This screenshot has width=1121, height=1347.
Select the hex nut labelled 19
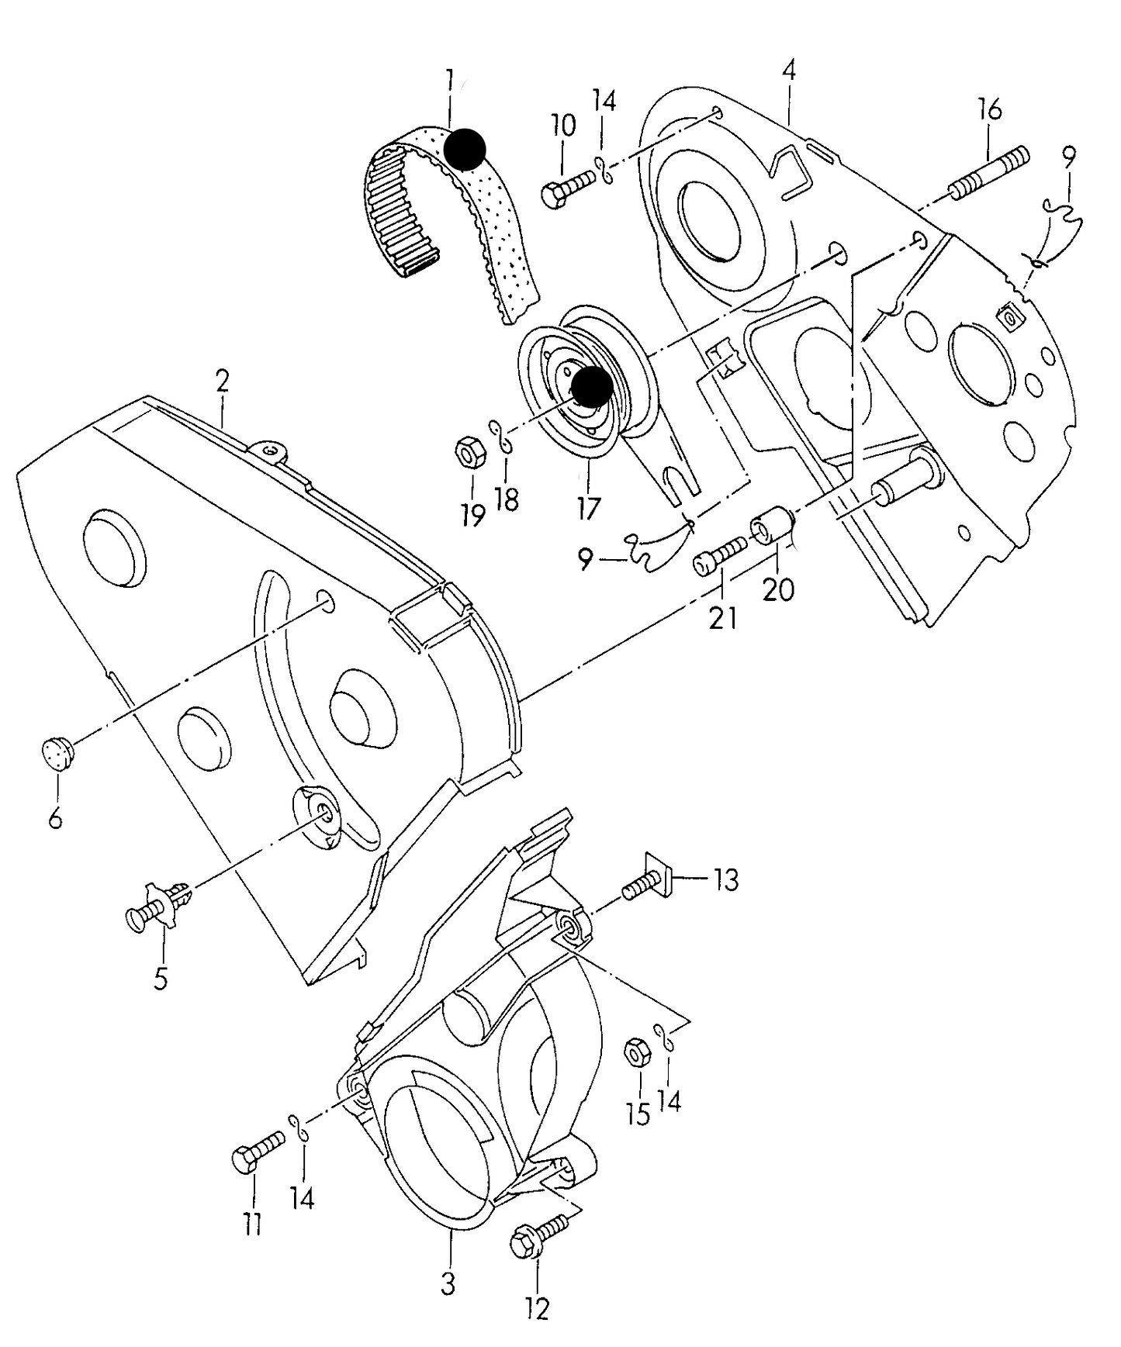tap(468, 452)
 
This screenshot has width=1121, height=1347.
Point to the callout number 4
tap(789, 71)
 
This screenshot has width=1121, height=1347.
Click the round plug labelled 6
tap(55, 751)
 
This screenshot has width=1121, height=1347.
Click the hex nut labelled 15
tap(638, 1053)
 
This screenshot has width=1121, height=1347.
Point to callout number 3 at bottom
tap(448, 1283)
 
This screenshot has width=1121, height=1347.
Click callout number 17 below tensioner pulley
tap(588, 509)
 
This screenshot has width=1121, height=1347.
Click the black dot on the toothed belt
tap(464, 149)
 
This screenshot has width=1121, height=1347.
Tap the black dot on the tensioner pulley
tap(590, 387)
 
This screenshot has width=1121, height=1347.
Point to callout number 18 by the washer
tap(506, 499)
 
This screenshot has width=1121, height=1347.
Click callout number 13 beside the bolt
tap(726, 880)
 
